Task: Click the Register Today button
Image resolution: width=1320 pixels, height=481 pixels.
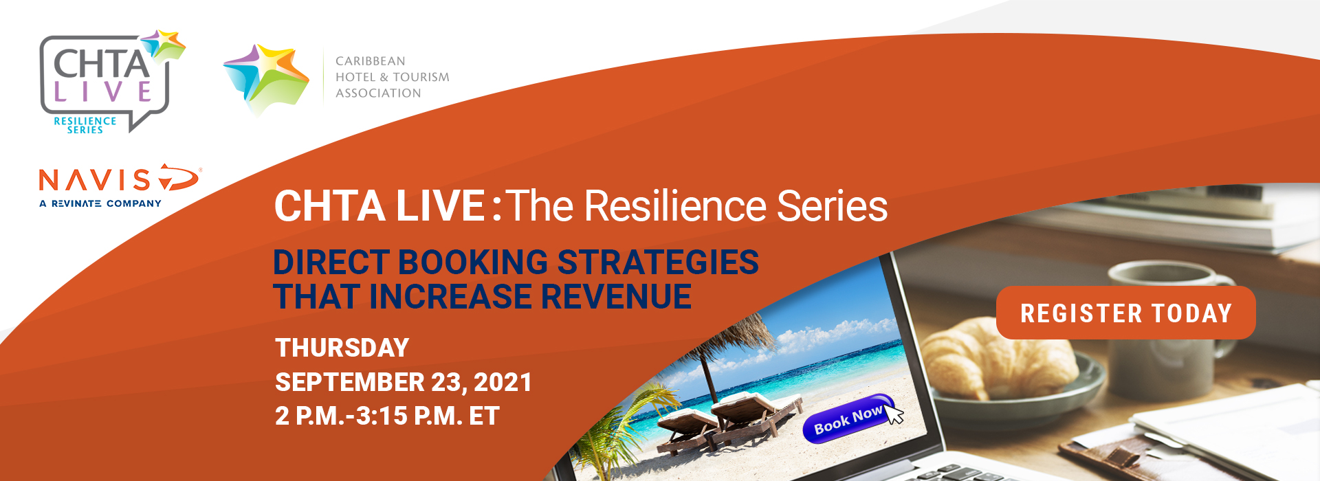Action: (x=1125, y=313)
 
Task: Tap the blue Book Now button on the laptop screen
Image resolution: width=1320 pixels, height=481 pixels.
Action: (x=848, y=418)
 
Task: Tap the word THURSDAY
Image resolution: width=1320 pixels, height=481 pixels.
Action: (x=342, y=348)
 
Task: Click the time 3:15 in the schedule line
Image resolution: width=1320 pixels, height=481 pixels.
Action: (x=382, y=416)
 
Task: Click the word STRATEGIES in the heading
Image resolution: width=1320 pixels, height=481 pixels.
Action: (x=658, y=262)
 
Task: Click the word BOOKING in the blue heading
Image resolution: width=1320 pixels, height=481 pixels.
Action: (x=473, y=262)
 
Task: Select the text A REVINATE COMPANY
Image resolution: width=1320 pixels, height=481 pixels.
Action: (x=100, y=203)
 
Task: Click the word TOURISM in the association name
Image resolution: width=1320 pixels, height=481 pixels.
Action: (x=421, y=77)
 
